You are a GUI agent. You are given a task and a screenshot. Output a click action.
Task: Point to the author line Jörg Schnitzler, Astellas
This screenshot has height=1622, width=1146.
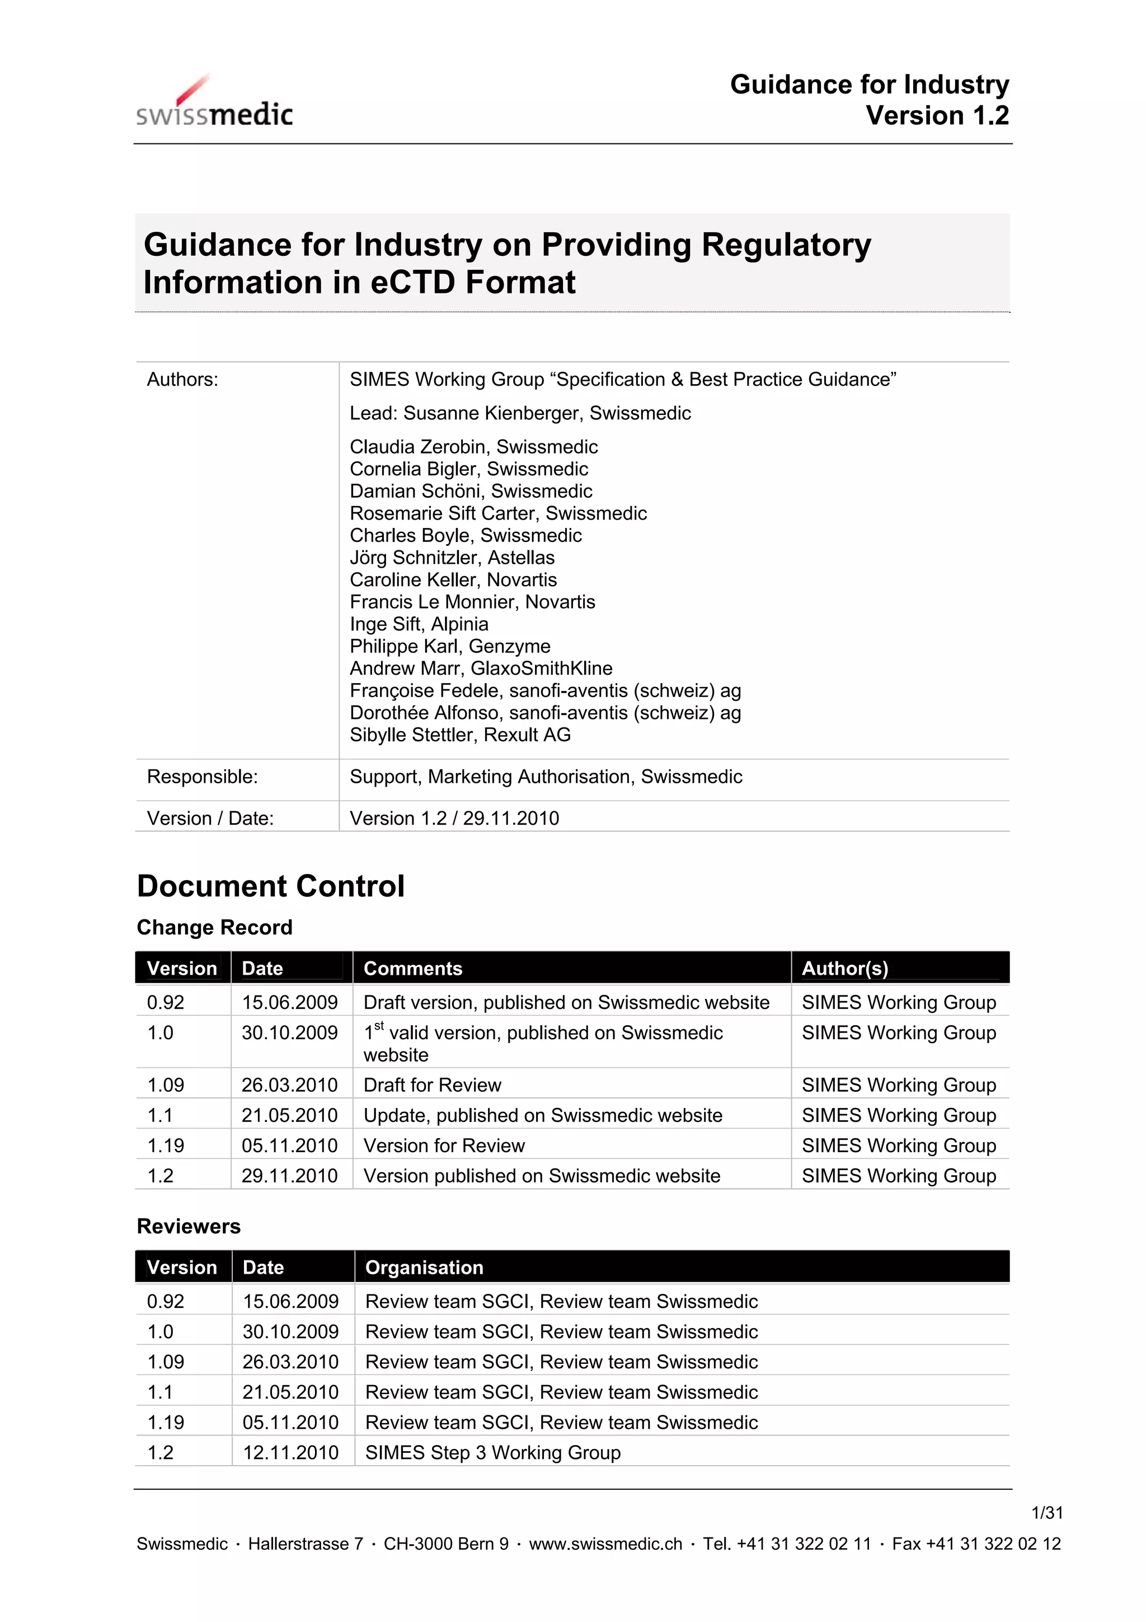(452, 558)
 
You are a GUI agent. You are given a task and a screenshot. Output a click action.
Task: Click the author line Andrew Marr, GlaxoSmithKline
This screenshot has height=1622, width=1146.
(481, 669)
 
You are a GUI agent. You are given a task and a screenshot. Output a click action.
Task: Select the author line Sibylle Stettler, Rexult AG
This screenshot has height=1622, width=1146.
(459, 735)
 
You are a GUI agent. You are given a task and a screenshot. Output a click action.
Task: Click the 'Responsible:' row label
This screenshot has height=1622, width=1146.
(202, 777)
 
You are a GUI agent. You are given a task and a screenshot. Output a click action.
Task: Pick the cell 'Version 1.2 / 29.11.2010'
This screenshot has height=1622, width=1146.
(454, 818)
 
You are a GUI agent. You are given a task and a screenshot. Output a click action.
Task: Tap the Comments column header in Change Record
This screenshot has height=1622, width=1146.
(412, 969)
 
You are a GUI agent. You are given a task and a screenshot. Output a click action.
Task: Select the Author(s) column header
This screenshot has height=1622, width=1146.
(844, 969)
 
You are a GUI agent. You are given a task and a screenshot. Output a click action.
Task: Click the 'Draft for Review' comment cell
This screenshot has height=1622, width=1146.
(432, 1085)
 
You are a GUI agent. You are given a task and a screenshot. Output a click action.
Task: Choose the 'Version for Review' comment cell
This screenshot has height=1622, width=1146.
(444, 1146)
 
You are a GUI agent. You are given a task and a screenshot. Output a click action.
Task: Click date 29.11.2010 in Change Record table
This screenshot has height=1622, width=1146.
(289, 1176)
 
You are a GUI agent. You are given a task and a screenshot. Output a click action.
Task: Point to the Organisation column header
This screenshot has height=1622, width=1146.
(424, 1268)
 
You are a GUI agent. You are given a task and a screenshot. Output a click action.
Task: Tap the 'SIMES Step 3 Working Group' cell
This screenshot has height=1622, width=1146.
(492, 1452)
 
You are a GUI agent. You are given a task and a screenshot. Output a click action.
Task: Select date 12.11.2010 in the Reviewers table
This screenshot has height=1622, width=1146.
(290, 1452)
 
